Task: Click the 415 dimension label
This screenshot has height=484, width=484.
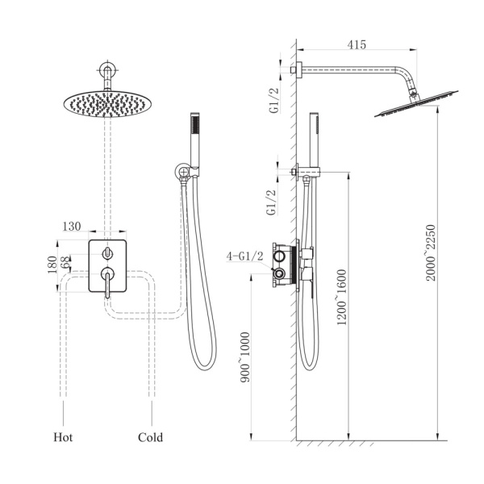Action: coord(357,44)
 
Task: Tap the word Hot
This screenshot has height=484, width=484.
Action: coord(63,437)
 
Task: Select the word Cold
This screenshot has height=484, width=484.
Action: coord(150,437)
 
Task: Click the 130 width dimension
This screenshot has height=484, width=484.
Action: coord(72,226)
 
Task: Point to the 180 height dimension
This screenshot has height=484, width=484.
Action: coord(52,265)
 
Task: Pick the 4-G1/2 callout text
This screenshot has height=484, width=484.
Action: coord(244,256)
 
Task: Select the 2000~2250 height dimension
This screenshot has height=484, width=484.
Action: coord(430,252)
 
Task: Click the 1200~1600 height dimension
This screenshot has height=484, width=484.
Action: coord(342,297)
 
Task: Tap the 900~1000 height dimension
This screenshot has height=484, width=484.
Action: coord(245,357)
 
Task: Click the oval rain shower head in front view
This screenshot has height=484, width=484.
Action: coord(107,104)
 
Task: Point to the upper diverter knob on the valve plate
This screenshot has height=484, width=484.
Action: coord(107,253)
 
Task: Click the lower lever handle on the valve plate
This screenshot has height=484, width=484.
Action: coord(107,281)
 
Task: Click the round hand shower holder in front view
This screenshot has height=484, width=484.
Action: coord(182,171)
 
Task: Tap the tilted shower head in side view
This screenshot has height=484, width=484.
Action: coord(417,104)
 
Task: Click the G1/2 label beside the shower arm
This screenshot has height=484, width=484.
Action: coord(274,100)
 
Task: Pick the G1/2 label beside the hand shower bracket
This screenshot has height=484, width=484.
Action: coord(271,202)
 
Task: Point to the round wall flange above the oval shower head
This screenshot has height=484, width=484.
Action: coord(107,69)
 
